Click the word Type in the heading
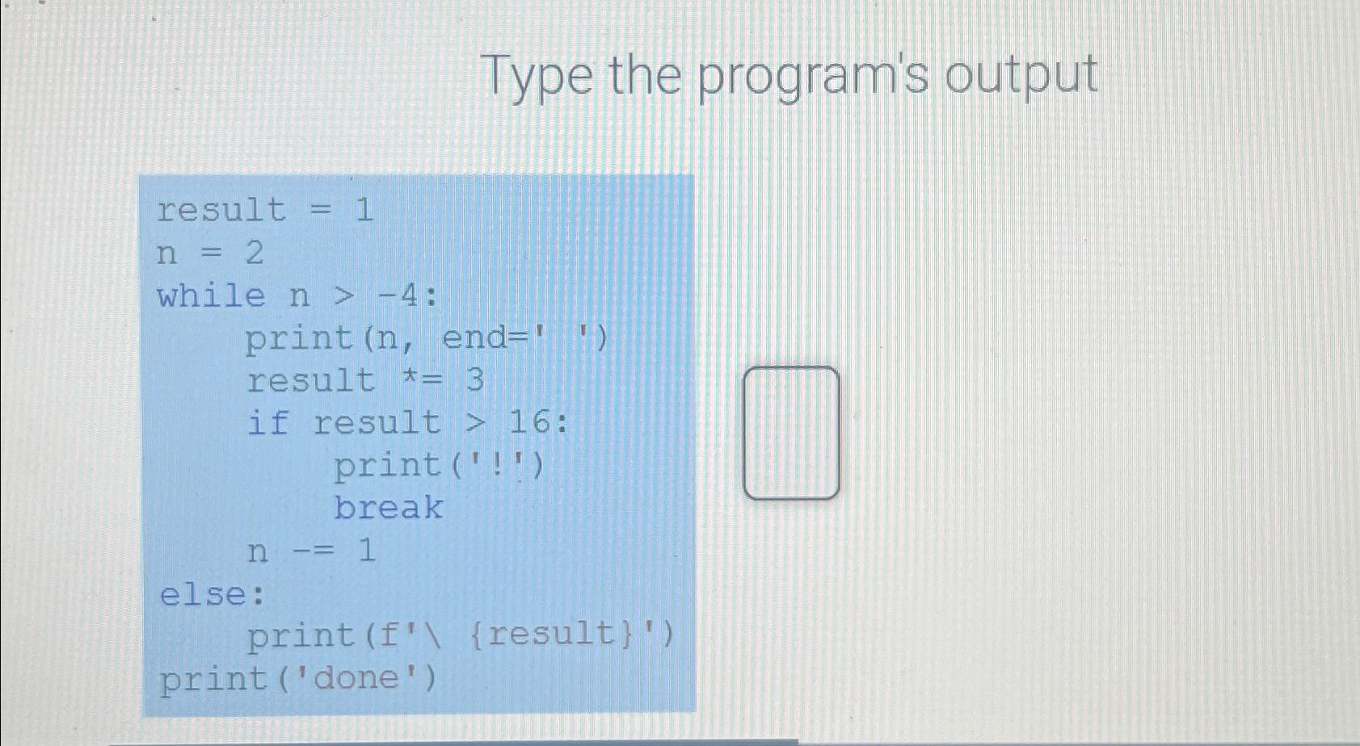[x=538, y=77]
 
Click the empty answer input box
[x=791, y=433]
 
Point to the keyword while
[x=211, y=296]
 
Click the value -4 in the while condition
[x=399, y=296]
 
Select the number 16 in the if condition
[x=531, y=421]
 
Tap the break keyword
[x=389, y=508]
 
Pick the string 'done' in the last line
[x=357, y=678]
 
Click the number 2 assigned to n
[x=255, y=254]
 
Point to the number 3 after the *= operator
[x=475, y=379]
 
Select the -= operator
[x=312, y=551]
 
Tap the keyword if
[x=267, y=422]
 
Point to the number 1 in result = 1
[x=364, y=210]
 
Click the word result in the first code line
[x=221, y=210]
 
